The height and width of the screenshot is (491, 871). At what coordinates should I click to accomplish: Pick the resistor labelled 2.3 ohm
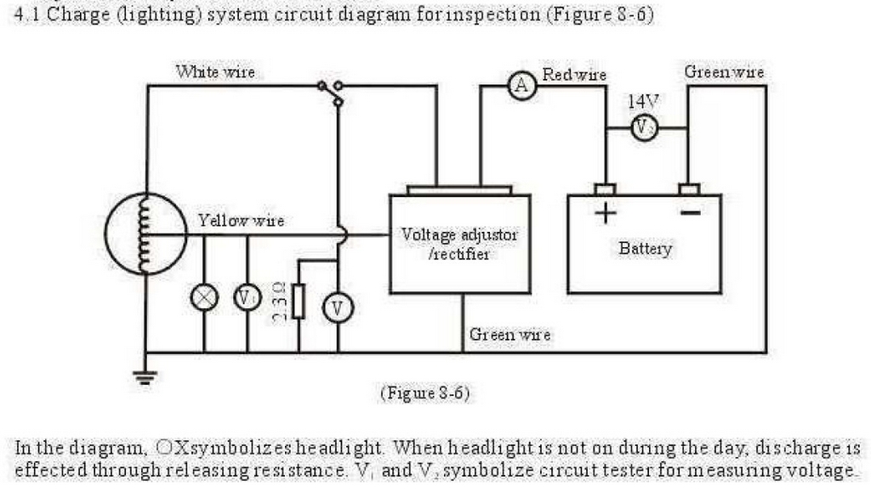299,302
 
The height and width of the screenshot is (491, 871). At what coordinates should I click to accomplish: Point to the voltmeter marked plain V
338,309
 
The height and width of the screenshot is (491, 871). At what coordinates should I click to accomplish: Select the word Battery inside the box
645,249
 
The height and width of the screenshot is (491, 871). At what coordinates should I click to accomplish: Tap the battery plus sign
605,212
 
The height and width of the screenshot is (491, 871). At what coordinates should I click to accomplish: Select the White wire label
214,72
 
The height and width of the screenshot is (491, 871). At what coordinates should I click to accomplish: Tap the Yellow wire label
241,221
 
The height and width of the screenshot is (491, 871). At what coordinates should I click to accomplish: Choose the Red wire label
574,75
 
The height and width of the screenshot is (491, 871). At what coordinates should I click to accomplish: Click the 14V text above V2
642,101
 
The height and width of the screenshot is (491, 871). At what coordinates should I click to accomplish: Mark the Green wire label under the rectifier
510,335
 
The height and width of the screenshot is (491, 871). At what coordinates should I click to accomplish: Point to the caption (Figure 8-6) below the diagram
424,393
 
